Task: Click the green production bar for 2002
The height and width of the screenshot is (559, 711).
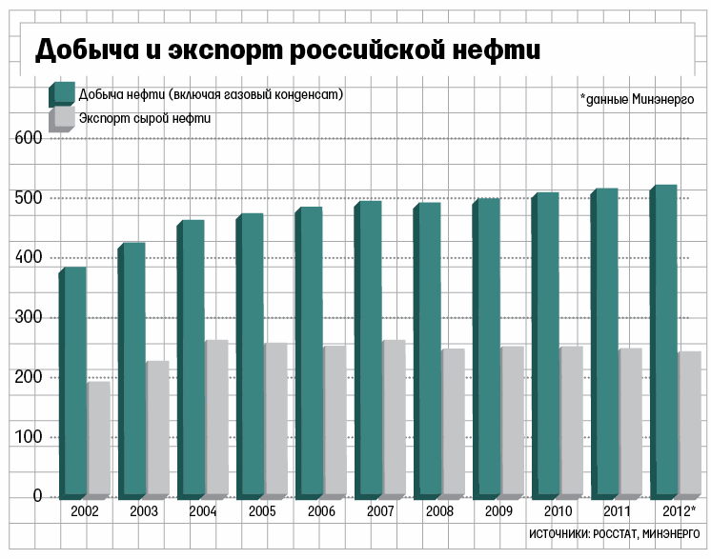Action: (x=74, y=381)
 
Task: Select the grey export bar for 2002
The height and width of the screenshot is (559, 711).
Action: (x=98, y=438)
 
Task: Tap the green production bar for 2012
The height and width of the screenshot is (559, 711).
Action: (x=664, y=340)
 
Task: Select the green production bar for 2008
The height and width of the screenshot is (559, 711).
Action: (x=428, y=349)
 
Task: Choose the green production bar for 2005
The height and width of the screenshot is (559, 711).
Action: (x=251, y=354)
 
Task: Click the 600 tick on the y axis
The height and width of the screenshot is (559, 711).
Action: (x=29, y=138)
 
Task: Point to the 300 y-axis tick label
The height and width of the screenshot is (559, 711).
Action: (x=29, y=317)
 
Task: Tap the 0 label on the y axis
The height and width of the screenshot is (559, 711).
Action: (x=37, y=496)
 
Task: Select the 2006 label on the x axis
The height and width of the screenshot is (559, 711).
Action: (x=321, y=512)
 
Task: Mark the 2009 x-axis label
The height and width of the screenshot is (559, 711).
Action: (x=498, y=512)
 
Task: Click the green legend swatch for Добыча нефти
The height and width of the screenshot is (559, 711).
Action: (x=63, y=93)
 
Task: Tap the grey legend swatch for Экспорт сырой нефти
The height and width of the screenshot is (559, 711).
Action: (x=63, y=118)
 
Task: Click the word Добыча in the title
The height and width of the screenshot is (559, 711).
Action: (x=83, y=50)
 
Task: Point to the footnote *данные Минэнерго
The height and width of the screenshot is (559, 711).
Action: (x=636, y=98)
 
